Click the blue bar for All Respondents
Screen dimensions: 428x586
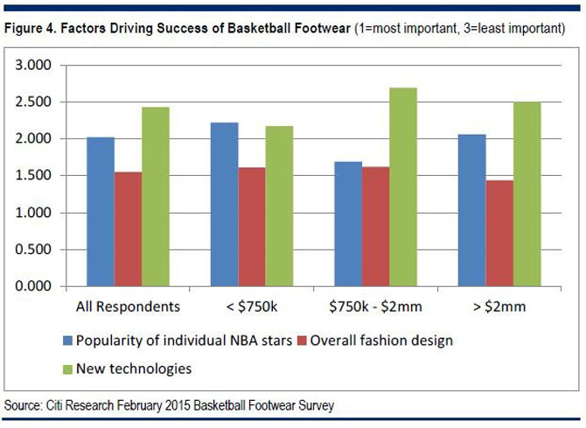pos(101,212)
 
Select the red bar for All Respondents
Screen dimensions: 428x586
pos(128,229)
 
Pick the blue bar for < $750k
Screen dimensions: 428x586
pos(225,205)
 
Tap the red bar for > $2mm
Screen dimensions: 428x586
pos(501,234)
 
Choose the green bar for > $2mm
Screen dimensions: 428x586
pos(528,194)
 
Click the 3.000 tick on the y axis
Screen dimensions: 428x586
pos(35,66)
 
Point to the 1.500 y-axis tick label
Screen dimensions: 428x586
pos(35,176)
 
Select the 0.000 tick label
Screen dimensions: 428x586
pos(35,286)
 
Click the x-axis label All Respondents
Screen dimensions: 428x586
pos(129,306)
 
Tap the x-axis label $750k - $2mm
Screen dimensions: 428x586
pos(376,306)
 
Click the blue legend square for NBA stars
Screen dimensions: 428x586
pos(67,340)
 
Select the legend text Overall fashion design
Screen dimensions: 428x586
pos(389,340)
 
